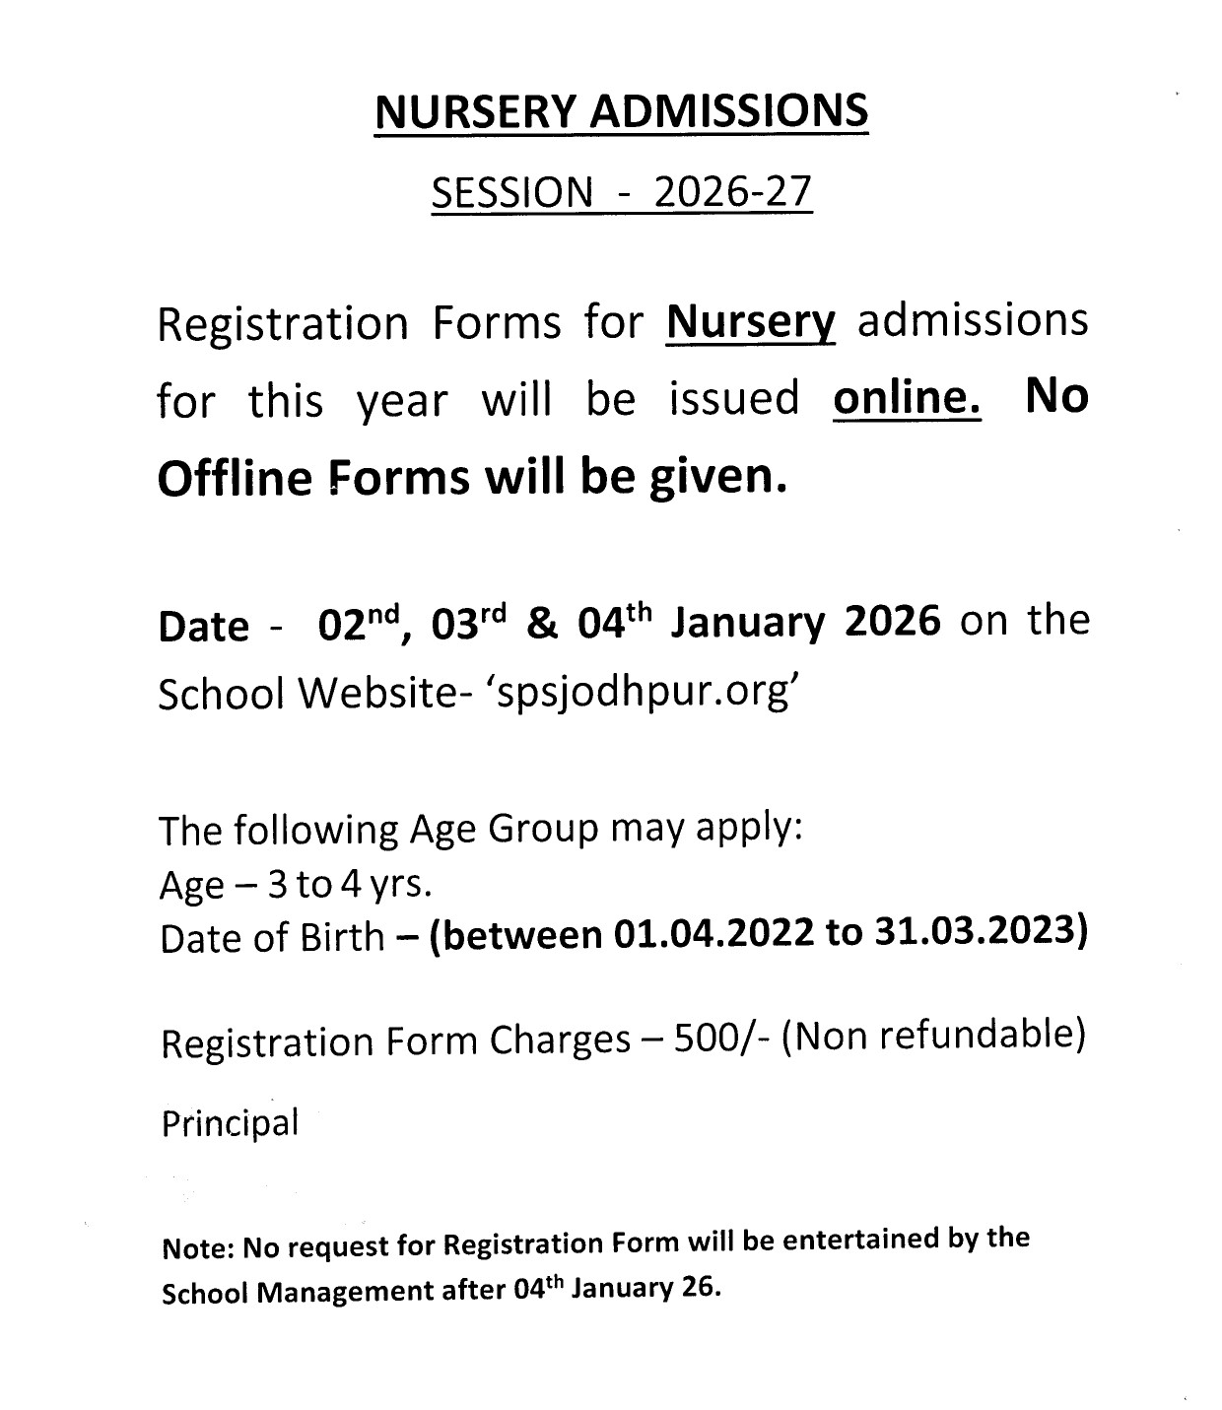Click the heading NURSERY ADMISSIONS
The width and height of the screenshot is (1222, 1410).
(x=621, y=112)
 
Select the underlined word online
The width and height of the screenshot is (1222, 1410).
(x=907, y=399)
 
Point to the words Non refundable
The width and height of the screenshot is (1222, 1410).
(x=932, y=1036)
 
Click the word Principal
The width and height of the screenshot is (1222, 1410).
(x=229, y=1124)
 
